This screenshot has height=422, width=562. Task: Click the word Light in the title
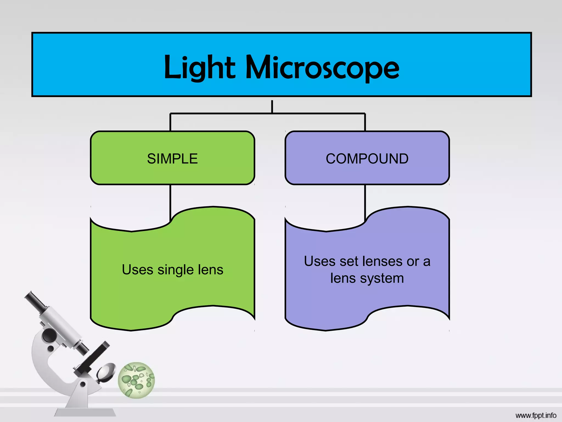coord(199,67)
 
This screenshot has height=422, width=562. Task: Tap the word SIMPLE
coord(172,159)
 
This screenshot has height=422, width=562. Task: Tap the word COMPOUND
coord(367,159)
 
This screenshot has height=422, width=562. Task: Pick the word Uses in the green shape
coord(137,270)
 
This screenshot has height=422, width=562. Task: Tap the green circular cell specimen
coord(136,380)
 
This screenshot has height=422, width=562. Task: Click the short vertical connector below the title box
coord(272,106)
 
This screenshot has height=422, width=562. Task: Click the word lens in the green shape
coord(210,270)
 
